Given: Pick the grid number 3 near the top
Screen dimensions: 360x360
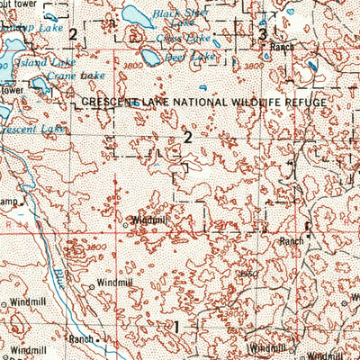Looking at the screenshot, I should pyautogui.click(x=262, y=34).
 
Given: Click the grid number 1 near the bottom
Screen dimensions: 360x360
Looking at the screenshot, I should pyautogui.click(x=177, y=325).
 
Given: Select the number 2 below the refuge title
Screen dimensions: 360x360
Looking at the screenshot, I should pyautogui.click(x=187, y=138).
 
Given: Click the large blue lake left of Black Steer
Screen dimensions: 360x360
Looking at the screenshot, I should pyautogui.click(x=135, y=14).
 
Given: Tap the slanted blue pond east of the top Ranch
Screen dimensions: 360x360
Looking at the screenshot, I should pyautogui.click(x=311, y=66).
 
